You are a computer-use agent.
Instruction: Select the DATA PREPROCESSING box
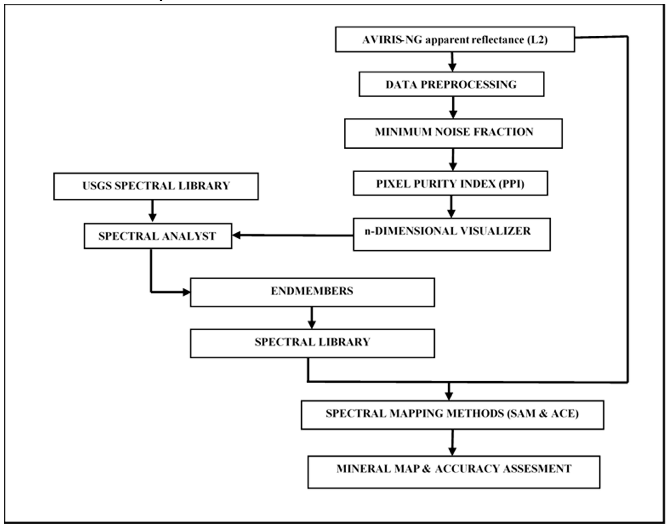[451, 84]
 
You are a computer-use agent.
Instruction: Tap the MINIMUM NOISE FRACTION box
[453, 134]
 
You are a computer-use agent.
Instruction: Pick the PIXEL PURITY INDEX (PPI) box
[450, 183]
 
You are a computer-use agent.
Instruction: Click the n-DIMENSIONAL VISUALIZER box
[451, 234]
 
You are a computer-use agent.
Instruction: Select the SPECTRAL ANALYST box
[158, 236]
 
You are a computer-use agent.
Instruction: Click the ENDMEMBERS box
[312, 292]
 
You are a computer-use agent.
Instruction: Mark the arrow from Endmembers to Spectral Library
[312, 318]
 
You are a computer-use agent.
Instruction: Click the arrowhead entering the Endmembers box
[186, 292]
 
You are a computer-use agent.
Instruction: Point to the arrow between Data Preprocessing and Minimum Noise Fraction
[453, 108]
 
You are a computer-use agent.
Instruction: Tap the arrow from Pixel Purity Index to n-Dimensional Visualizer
[451, 207]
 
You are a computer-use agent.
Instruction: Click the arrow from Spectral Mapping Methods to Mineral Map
[452, 443]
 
